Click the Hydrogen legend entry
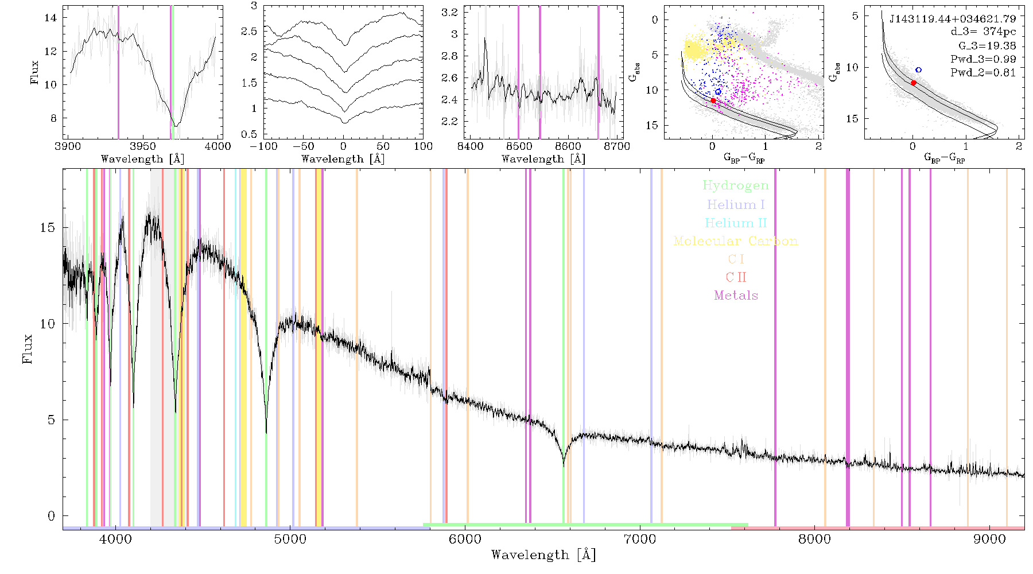pyautogui.click(x=735, y=185)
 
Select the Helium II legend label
pyautogui.click(x=736, y=223)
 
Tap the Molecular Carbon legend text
pyautogui.click(x=736, y=241)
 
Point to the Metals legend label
pyautogui.click(x=736, y=295)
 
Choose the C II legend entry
pyautogui.click(x=736, y=277)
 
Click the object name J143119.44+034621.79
pyautogui.click(x=952, y=19)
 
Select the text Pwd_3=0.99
pyautogui.click(x=983, y=59)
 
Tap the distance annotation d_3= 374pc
pyautogui.click(x=983, y=32)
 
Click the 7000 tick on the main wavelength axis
pyautogui.click(x=639, y=539)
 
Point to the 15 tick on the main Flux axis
pyautogui.click(x=48, y=227)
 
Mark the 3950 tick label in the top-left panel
pyautogui.click(x=143, y=146)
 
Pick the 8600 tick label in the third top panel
pyautogui.click(x=568, y=146)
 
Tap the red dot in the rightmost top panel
pyautogui.click(x=913, y=83)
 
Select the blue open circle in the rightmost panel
pyautogui.click(x=918, y=69)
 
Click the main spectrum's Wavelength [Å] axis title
pyautogui.click(x=543, y=555)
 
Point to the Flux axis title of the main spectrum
pyautogui.click(x=27, y=348)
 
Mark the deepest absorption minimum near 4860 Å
pyautogui.click(x=266, y=432)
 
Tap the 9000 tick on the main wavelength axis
pyautogui.click(x=989, y=539)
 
